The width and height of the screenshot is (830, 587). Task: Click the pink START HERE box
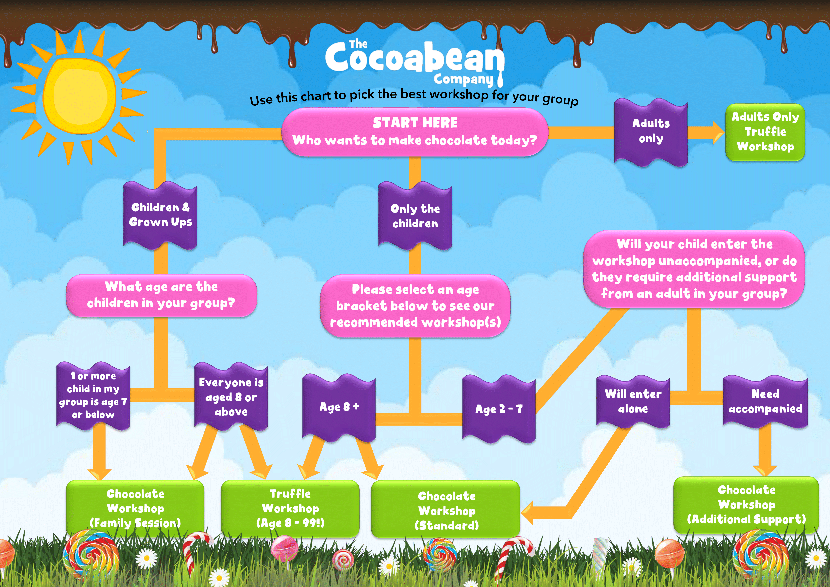tap(415, 132)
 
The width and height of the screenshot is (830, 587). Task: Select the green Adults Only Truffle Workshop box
tap(765, 132)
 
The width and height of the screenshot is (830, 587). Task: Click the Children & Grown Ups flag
tap(160, 215)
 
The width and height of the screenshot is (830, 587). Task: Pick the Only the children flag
tap(415, 216)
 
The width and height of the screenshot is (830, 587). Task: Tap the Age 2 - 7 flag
tap(499, 409)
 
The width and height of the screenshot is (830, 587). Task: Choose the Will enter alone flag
tap(633, 402)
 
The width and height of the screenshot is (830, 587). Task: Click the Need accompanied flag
tap(765, 402)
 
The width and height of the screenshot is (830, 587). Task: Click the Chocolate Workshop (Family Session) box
tap(135, 508)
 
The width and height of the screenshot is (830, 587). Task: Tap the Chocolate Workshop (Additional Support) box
tap(746, 505)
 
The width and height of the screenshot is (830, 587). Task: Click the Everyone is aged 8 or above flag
tap(231, 397)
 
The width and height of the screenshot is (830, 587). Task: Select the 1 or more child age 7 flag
tap(93, 396)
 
